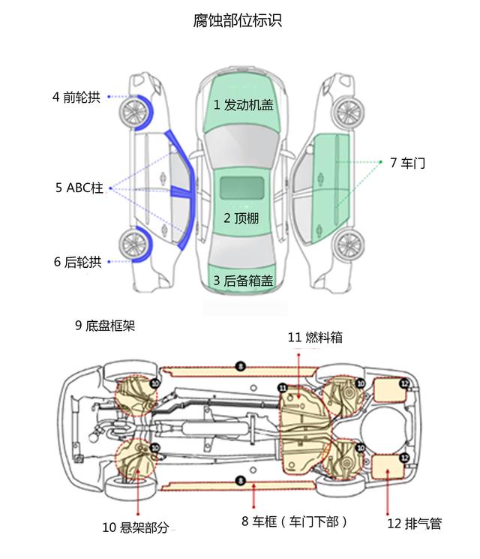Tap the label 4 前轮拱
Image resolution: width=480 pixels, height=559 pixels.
point(76,97)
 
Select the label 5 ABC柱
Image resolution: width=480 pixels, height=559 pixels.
point(79,188)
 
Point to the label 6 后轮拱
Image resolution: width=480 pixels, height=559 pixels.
point(76,262)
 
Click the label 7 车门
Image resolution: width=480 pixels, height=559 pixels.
point(407,162)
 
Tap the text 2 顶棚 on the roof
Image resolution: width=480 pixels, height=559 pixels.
point(241,218)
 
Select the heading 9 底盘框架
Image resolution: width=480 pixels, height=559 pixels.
point(104,326)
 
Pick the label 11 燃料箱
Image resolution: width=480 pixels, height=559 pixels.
point(314,338)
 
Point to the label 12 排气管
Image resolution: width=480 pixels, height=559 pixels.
point(414,524)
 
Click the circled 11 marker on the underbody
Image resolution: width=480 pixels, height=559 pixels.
point(283,387)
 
